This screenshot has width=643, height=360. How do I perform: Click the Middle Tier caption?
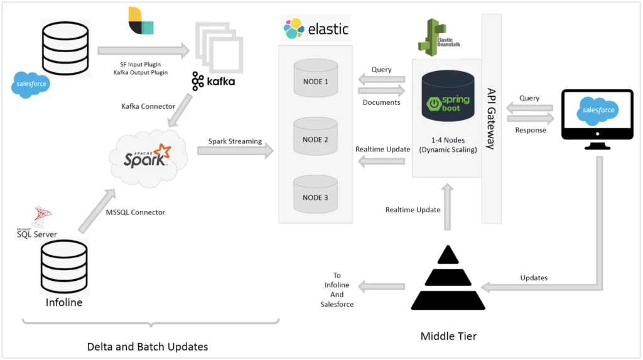[448, 336]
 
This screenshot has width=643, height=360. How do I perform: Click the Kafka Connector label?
[148, 106]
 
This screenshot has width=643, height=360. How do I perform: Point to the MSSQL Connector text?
[136, 212]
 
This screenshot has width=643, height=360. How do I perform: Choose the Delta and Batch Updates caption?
[147, 346]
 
